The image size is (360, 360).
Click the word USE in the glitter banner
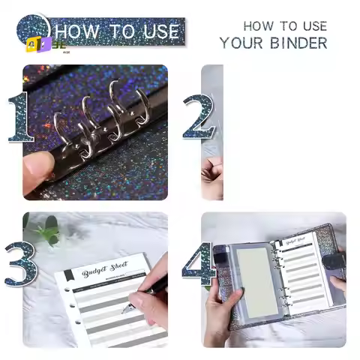click(x=158, y=31)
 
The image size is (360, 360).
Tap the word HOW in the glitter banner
click(x=81, y=31)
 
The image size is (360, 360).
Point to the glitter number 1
click(x=21, y=118)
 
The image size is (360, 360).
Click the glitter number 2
click(x=196, y=118)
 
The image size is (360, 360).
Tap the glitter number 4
click(x=198, y=264)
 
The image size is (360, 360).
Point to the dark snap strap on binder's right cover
click(x=333, y=260)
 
